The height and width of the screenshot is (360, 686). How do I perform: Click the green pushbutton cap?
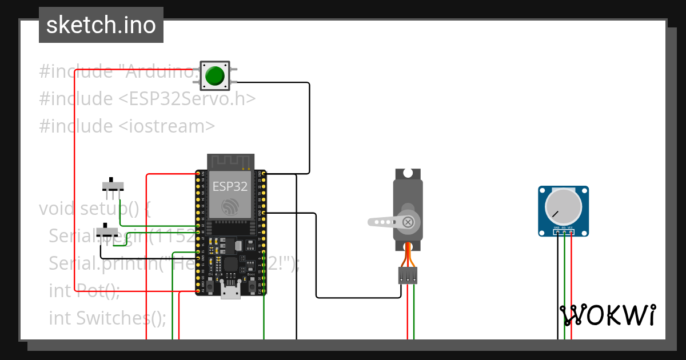pyautogui.click(x=215, y=75)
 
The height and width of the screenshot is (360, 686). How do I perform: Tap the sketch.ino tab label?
pyautogui.click(x=101, y=25)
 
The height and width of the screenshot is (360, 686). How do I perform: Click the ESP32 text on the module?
pyautogui.click(x=230, y=186)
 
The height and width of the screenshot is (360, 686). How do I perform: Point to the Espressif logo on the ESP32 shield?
pyautogui.click(x=230, y=207)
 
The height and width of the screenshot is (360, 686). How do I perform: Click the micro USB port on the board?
pyautogui.click(x=230, y=293)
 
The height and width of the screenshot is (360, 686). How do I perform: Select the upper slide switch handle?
pyautogui.click(x=112, y=179)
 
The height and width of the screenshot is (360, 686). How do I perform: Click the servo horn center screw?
pyautogui.click(x=408, y=222)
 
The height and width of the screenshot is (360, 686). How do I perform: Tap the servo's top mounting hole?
pyautogui.click(x=408, y=173)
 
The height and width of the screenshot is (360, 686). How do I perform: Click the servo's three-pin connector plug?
pyautogui.click(x=408, y=275)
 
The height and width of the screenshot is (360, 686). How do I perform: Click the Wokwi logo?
pyautogui.click(x=608, y=315)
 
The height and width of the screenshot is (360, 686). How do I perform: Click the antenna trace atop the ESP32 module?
pyautogui.click(x=229, y=162)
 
